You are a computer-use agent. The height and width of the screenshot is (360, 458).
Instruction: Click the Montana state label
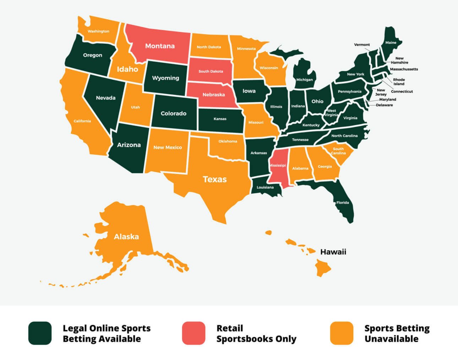coord(160,46)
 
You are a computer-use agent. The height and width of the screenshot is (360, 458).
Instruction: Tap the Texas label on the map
coord(214,179)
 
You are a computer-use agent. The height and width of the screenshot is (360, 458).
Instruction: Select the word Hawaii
coord(333,252)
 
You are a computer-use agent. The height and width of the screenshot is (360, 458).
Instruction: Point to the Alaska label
coord(126,237)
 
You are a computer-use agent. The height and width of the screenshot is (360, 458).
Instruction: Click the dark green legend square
coord(40,333)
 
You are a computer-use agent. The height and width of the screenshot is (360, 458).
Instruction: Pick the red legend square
coord(193,333)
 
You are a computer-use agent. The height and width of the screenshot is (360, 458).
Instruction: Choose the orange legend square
coord(342,333)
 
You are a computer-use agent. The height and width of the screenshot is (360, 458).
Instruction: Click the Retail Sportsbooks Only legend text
coord(256,333)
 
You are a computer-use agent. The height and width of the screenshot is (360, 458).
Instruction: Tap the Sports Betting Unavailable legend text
coord(397,333)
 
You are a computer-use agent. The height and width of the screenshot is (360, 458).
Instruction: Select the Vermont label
coord(362,45)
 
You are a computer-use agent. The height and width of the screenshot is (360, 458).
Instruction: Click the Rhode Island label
coord(399,82)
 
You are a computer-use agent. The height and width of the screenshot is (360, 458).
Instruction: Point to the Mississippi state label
coord(277,166)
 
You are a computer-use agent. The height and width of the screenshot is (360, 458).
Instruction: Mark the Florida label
coord(343,203)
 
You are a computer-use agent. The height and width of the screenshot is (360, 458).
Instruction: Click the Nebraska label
coord(213,95)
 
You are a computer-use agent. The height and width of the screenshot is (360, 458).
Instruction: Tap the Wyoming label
coord(165,78)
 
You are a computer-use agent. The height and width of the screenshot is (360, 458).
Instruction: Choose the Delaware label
coord(384,105)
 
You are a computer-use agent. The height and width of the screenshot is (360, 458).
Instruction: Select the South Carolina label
coord(338,151)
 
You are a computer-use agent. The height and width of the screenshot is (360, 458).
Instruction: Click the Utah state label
coord(135,107)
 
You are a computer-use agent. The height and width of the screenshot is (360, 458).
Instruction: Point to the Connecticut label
coord(402,91)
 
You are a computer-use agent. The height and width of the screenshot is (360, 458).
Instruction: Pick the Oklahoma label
coord(228,141)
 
